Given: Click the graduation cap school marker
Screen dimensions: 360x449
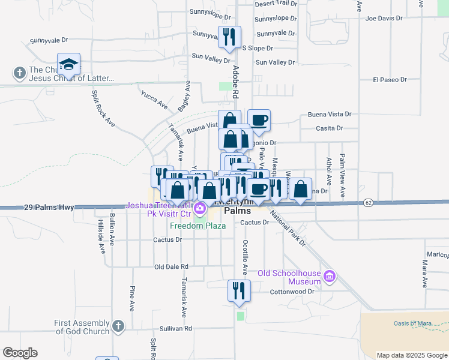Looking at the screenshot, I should point(69,64).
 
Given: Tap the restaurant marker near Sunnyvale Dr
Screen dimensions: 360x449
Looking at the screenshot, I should point(229,37).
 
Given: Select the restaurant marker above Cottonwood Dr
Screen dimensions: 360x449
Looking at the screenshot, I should point(239,290).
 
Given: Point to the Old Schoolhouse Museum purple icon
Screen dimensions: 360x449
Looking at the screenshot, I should point(329,276).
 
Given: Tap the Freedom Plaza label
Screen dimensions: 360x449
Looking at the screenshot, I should point(197,226).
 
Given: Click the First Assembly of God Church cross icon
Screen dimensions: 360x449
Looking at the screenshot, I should point(118,326).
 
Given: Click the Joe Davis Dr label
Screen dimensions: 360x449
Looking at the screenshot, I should point(384,19).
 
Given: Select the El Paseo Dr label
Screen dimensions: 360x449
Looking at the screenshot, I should point(390,79).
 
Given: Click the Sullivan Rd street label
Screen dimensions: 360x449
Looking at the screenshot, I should point(175,329).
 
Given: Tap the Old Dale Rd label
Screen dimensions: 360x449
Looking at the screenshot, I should point(171,266).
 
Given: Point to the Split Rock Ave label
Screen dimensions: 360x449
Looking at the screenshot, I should point(103,109).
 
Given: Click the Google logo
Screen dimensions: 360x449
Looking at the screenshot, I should point(20,352).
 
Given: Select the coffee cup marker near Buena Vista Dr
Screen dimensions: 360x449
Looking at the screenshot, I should point(259,120).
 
